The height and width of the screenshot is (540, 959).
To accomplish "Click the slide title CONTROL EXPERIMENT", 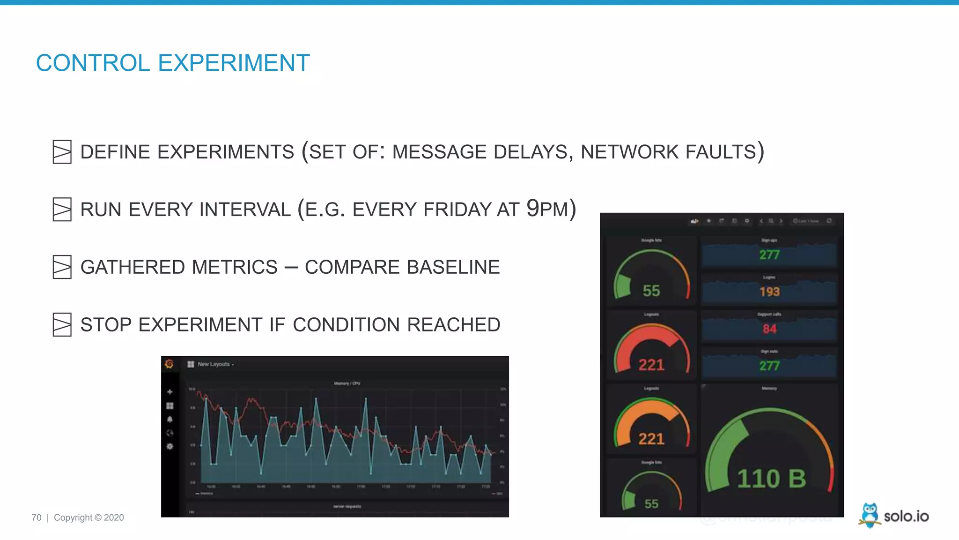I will click(172, 63).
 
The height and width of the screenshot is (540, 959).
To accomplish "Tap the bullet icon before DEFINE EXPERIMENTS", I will click(62, 152).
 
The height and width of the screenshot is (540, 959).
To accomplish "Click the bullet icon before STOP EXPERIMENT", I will click(62, 325).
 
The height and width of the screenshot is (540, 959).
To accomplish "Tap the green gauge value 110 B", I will click(771, 479).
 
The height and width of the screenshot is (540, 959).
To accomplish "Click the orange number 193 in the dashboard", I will click(769, 292).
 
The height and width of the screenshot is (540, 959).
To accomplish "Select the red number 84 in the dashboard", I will click(769, 329).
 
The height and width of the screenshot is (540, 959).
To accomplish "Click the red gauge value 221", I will click(651, 365).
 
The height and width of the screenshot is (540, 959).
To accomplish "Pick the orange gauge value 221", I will click(651, 439).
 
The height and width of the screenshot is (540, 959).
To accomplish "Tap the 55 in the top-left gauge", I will click(651, 291).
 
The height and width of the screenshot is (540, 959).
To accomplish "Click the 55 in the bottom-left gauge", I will click(651, 504).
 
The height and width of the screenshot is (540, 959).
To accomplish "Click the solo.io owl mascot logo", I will click(870, 515).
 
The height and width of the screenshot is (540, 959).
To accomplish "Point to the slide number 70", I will click(37, 517).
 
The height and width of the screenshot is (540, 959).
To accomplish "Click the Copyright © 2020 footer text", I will click(89, 517).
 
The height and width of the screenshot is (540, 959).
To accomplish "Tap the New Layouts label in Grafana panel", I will click(214, 364).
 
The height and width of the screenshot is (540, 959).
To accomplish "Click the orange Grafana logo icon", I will click(170, 364).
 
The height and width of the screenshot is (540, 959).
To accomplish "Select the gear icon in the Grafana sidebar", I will click(170, 446).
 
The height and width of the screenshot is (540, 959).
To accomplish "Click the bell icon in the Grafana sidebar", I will click(170, 419).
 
